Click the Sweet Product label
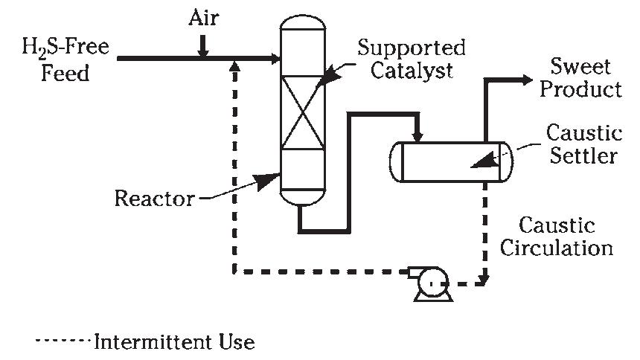click(x=580, y=78)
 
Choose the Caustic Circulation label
click(x=556, y=236)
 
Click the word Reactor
click(x=153, y=199)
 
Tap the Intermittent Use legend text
click(x=173, y=342)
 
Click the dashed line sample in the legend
click(x=63, y=343)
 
